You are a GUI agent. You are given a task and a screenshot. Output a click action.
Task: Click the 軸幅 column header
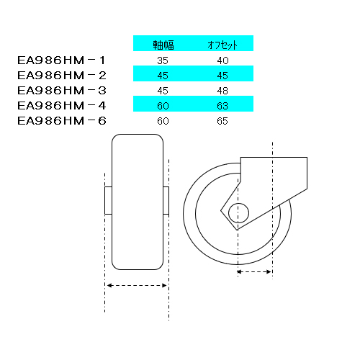tap(163, 45)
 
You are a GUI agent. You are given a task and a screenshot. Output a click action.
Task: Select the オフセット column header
tap(222, 45)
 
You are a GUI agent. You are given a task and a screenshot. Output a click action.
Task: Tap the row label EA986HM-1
tap(61, 60)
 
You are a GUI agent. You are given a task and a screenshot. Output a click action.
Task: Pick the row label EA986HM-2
tap(61, 76)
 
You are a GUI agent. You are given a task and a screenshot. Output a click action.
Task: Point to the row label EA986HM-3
tap(61, 91)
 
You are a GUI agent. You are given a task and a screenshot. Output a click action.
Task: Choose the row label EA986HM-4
tap(61, 106)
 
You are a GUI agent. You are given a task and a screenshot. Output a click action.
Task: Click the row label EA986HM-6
tap(61, 121)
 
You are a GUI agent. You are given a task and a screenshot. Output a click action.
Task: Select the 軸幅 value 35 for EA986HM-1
tap(163, 60)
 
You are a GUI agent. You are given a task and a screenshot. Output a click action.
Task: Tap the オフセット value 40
tap(222, 60)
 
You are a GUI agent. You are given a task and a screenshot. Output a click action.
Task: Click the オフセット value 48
tap(222, 91)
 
